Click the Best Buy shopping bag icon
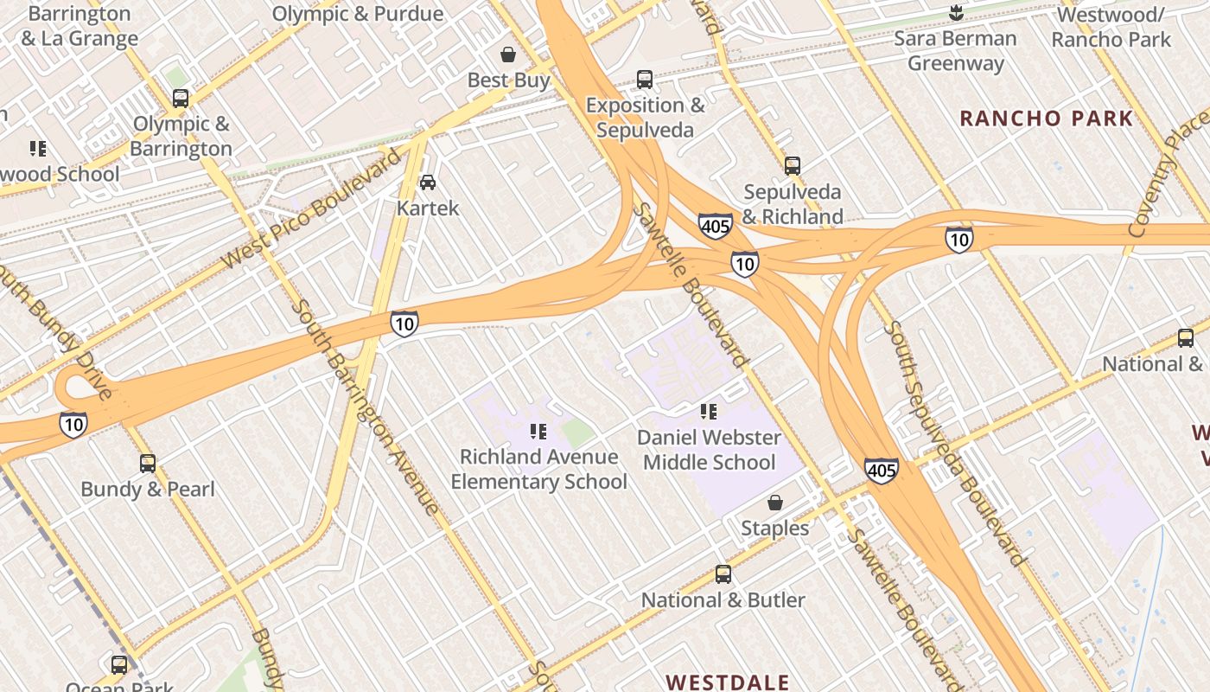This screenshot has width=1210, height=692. (509, 54)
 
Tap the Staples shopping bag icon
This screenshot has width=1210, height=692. (775, 503)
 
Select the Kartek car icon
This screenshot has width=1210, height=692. (427, 182)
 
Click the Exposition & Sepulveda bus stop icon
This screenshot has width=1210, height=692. (645, 80)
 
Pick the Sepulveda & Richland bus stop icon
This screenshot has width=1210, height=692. (793, 166)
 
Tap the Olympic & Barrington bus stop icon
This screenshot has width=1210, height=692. (180, 99)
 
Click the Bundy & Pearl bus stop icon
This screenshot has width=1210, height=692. (148, 464)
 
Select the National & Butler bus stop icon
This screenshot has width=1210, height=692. (723, 574)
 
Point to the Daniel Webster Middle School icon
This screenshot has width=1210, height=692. (709, 412)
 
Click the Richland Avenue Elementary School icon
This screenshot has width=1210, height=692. (538, 432)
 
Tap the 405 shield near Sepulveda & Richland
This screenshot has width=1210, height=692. (716, 227)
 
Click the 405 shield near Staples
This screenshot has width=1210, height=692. (881, 471)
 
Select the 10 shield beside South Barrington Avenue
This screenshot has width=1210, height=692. (404, 324)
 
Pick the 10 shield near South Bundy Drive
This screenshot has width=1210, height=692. (73, 424)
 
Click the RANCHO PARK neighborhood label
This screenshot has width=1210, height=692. (1046, 119)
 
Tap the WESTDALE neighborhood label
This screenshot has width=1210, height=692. (728, 682)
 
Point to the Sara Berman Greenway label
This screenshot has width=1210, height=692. (955, 50)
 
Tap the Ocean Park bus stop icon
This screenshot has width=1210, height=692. (119, 665)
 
